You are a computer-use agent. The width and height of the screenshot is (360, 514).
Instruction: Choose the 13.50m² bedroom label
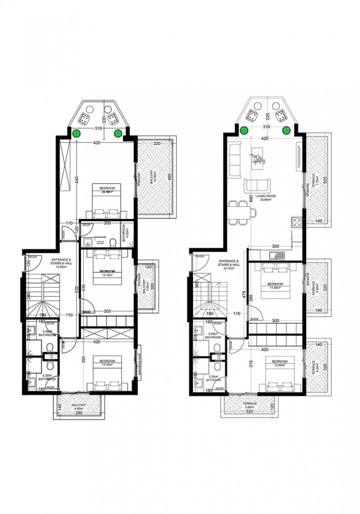point(279,364)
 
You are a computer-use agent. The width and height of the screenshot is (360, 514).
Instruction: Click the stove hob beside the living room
point(297,222)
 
